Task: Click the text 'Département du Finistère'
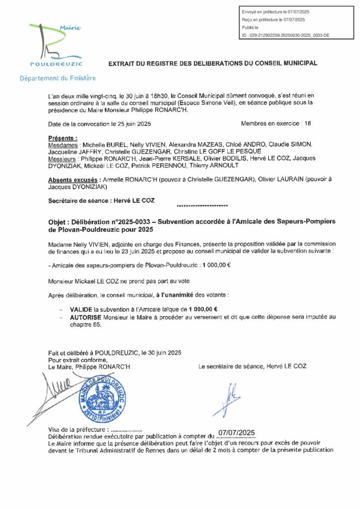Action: coord(58,79)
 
